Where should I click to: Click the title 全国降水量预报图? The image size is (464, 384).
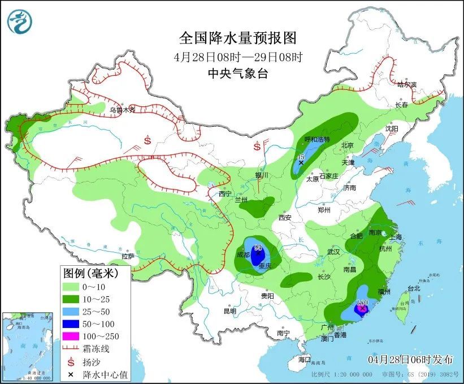[237, 38]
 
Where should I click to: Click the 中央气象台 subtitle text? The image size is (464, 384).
[237, 73]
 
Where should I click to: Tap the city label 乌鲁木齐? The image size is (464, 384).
[123, 110]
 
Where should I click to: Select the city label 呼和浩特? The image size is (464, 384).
[316, 139]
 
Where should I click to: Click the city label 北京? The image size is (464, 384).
[347, 145]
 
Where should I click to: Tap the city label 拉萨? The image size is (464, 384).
[128, 256]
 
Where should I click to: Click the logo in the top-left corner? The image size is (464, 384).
[20, 21]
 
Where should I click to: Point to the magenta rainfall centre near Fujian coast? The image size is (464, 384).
[361, 309]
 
